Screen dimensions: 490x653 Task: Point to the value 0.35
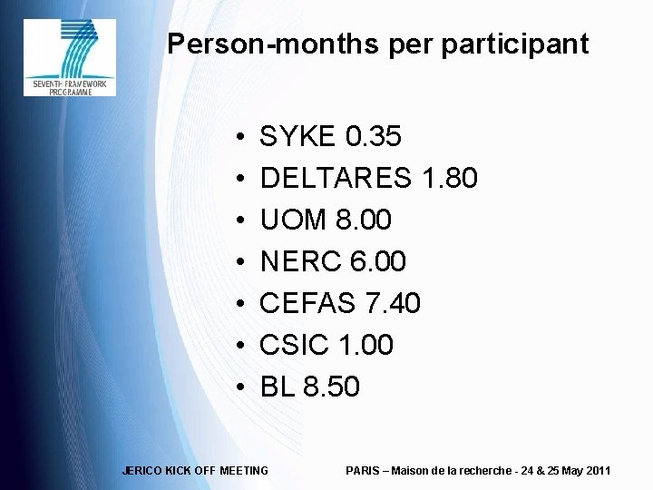pos(375,138)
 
